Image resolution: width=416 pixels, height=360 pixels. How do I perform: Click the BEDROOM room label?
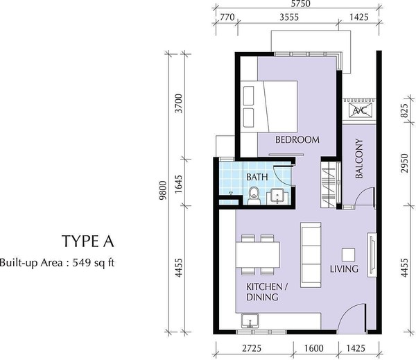tap(297, 139)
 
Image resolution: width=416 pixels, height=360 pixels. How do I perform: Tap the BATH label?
tap(257, 177)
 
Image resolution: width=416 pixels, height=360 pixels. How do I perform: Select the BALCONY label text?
tap(358, 158)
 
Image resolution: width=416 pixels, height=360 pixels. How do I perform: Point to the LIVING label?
tap(344, 268)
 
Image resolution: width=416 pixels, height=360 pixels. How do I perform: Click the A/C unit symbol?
tap(360, 110)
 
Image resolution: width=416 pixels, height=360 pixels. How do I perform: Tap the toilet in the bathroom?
tap(254, 196)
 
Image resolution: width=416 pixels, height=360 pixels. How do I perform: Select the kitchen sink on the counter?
tap(250, 320)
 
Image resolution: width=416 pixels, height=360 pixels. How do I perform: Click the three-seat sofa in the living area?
tap(311, 255)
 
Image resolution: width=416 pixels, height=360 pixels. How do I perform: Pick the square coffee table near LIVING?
tap(348, 255)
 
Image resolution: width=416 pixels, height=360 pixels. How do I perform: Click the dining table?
tap(258, 255)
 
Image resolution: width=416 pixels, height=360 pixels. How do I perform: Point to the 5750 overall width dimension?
tap(300, 3)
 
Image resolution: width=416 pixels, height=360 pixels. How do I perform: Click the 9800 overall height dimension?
tap(163, 190)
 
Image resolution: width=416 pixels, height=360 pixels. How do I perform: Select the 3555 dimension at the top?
tap(289, 17)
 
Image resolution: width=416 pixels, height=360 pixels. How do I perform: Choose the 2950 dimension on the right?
tap(404, 163)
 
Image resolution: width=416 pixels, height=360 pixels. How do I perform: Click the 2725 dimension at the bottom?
tap(252, 348)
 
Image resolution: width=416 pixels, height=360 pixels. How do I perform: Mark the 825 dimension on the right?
tap(404, 111)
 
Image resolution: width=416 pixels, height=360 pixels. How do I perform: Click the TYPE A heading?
tap(88, 241)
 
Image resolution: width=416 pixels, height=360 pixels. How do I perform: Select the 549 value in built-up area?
tap(81, 263)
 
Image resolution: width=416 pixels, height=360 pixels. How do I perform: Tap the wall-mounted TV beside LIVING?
tap(372, 255)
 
